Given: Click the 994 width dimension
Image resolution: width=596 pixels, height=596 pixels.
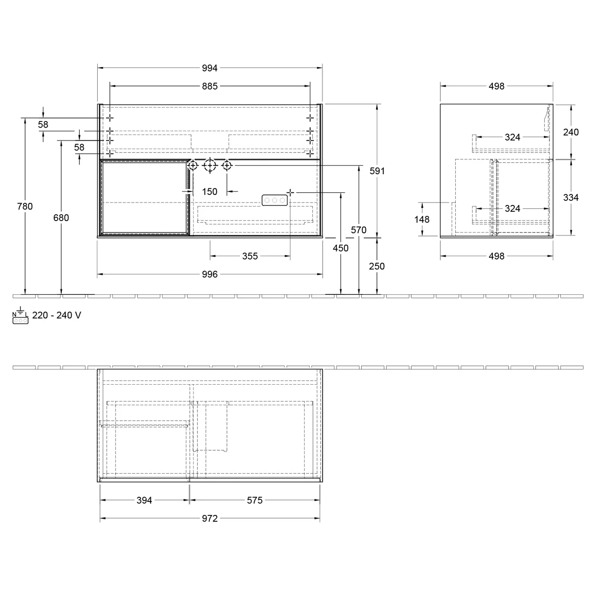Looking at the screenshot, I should point(209,68).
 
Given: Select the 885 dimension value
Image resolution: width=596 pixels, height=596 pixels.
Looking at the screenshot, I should point(209,86).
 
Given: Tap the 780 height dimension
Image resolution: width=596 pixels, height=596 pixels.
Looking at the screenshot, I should point(25,206).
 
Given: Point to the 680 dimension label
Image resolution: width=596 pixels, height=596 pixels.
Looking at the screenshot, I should point(61,217).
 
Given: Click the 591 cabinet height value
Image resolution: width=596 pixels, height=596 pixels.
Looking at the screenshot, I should point(377,171).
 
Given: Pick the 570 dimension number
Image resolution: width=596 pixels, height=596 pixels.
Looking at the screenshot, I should point(358,230).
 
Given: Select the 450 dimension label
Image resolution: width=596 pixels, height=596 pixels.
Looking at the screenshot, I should point(341,248).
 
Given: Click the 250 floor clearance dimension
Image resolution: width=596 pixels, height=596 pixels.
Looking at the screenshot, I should point(377,266).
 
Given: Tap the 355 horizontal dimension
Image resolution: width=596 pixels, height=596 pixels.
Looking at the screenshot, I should point(250,256).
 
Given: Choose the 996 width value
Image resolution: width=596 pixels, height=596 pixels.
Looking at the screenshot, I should point(209,274).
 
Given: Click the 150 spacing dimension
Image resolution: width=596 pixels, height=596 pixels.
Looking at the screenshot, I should point(209,192).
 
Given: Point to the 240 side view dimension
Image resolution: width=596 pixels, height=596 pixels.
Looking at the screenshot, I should point(571,132).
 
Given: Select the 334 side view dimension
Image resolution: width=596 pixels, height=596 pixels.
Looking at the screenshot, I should point(571,197).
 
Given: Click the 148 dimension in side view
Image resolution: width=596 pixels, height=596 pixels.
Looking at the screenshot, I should point(422,219).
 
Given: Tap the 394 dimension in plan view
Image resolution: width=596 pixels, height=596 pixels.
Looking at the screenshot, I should point(144,500).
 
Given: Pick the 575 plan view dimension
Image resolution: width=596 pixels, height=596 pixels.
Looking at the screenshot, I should point(255,500).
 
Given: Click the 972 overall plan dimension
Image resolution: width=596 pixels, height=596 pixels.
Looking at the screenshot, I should point(209,519).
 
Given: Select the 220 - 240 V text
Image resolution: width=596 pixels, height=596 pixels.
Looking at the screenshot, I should point(56,315).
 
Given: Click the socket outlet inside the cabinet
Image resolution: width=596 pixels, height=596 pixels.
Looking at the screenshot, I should point(275,200).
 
